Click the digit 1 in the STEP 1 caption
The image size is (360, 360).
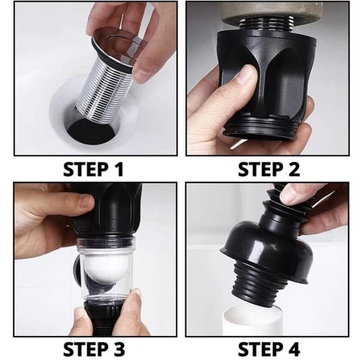tap(119, 169)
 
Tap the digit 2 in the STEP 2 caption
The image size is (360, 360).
tap(293, 169)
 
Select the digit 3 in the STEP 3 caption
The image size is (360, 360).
tap(119, 349)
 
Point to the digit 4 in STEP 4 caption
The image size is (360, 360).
tap(293, 349)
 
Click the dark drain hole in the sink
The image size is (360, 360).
tap(92, 132)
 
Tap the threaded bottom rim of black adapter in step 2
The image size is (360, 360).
tap(260, 128)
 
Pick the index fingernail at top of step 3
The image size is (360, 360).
tap(86, 202)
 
